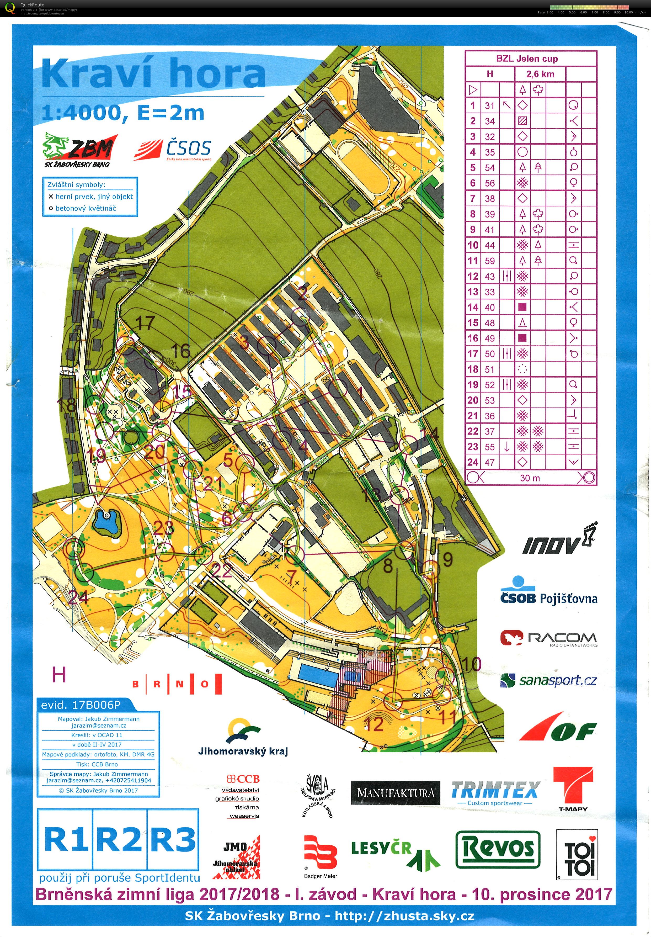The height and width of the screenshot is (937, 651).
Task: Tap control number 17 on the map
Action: point(145,323)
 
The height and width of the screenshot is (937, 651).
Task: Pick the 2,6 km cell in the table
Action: point(540,74)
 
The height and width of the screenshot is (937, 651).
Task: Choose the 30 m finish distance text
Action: point(530,478)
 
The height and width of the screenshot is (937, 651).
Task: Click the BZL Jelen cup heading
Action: point(527,58)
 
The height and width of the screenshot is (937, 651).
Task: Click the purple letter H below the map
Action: point(59,675)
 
